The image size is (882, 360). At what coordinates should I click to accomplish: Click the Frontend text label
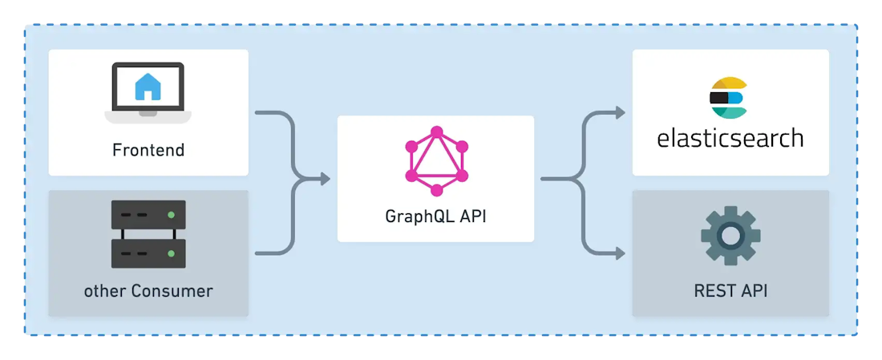148,150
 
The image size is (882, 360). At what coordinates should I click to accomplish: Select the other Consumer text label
148,291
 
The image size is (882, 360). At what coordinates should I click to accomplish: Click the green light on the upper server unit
172,215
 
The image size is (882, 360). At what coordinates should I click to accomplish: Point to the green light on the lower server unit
172,253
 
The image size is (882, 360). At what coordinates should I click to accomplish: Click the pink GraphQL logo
436,161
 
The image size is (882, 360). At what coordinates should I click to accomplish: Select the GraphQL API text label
436,216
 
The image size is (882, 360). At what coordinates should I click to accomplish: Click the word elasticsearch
730,137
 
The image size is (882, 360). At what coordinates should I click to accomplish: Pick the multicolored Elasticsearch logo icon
728,99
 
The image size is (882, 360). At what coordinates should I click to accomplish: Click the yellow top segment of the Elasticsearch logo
728,84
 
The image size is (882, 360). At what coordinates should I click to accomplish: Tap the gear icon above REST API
730,236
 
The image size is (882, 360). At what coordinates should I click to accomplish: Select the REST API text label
730,291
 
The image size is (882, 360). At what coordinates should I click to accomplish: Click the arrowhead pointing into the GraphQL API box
325,180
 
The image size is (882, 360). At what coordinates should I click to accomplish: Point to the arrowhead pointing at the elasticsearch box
620,112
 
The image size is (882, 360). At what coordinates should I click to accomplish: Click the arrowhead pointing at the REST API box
620,253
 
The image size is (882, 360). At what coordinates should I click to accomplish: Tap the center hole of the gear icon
730,236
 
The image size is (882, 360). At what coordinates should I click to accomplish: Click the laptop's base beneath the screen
148,116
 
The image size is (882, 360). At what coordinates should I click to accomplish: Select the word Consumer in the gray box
172,291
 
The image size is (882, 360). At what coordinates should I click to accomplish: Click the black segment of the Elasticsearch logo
720,98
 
